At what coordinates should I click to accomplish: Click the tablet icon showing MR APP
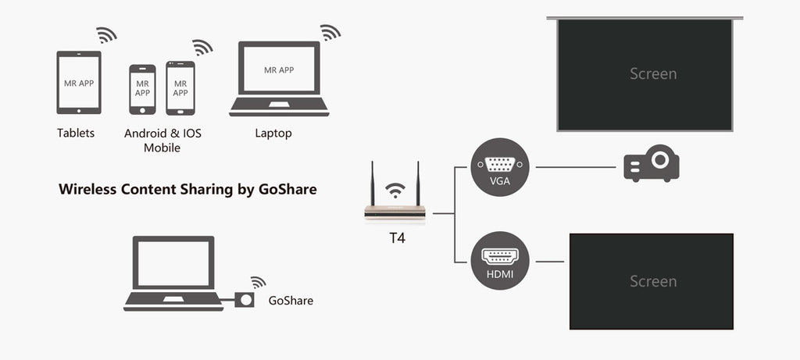point(79,82)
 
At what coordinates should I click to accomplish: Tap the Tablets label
point(76,134)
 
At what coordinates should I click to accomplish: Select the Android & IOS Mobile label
point(162,141)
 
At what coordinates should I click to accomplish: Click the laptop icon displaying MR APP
point(279,78)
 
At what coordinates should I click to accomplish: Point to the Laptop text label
point(273,134)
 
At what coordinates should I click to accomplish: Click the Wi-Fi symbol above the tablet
point(106,35)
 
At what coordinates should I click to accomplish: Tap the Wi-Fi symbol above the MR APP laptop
point(330,32)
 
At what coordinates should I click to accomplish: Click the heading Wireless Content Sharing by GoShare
point(187,189)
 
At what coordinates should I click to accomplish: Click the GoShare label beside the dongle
point(291,300)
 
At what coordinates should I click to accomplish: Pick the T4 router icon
point(395,209)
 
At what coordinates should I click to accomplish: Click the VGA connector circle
point(500,166)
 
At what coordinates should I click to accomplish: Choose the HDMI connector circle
point(500,260)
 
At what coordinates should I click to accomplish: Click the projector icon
point(652,164)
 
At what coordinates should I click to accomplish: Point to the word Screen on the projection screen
point(653,74)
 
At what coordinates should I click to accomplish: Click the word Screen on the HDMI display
point(653,281)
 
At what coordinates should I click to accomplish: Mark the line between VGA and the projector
point(576,166)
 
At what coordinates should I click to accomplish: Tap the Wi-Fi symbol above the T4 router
point(396,190)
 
